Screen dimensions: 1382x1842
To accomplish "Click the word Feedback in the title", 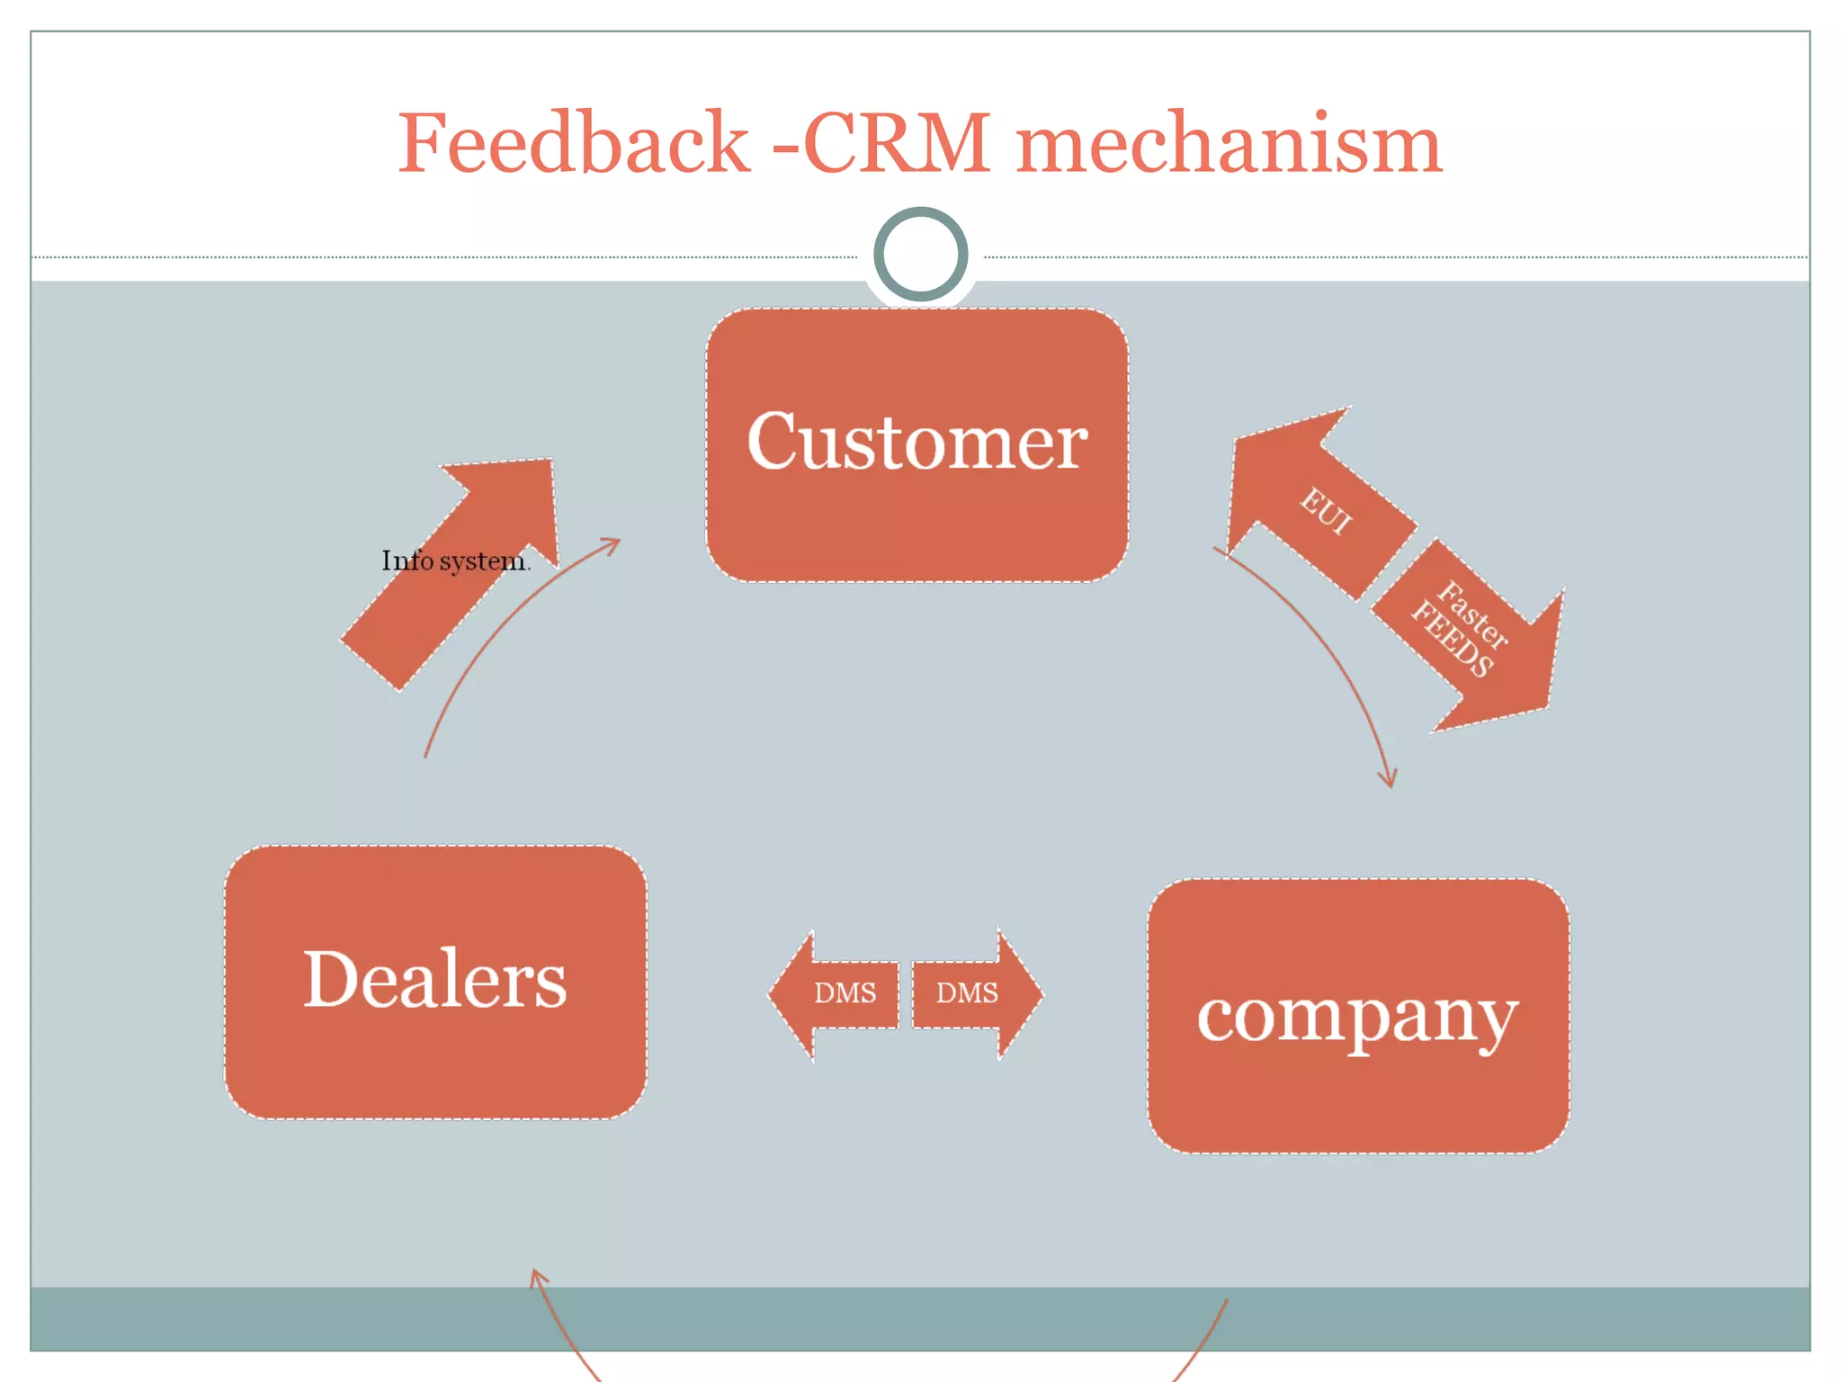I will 573,144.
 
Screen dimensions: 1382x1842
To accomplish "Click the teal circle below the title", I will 920,254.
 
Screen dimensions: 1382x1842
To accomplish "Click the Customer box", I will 917,445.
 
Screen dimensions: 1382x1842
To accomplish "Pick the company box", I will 1358,1017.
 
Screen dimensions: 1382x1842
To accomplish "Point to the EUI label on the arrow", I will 1326,511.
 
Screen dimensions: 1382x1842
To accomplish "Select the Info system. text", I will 455,561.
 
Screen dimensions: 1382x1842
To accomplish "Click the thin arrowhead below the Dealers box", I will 536,1273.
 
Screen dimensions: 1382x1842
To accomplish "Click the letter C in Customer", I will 775,441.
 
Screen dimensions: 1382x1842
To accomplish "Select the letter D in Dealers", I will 333,979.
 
